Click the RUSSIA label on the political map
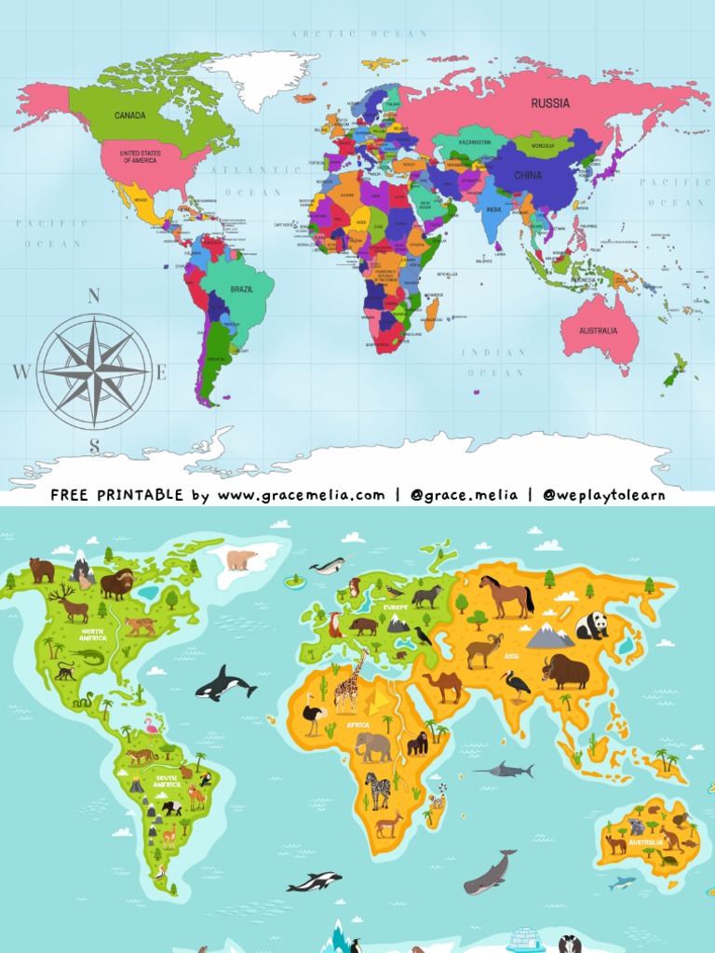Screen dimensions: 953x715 [550, 103]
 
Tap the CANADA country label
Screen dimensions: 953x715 [129, 115]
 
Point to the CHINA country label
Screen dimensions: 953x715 [528, 175]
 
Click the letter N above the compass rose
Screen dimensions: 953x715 [93, 297]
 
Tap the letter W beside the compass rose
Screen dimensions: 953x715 [20, 372]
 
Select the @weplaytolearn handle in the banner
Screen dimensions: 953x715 [604, 495]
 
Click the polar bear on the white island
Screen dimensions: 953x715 [242, 559]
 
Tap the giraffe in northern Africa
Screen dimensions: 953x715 [348, 685]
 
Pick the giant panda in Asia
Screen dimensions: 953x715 [591, 624]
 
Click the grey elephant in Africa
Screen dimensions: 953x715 [373, 746]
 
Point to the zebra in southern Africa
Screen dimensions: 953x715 [377, 790]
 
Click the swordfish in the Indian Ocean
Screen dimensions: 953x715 [505, 771]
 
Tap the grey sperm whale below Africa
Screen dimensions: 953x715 [490, 873]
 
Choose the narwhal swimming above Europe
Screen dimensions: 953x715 [328, 565]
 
